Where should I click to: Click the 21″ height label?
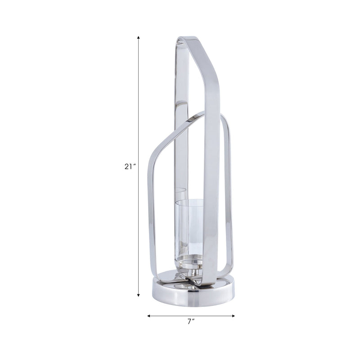tap(130, 166)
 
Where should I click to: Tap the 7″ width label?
tap(191, 321)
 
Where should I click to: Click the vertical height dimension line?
tap(139, 112)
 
